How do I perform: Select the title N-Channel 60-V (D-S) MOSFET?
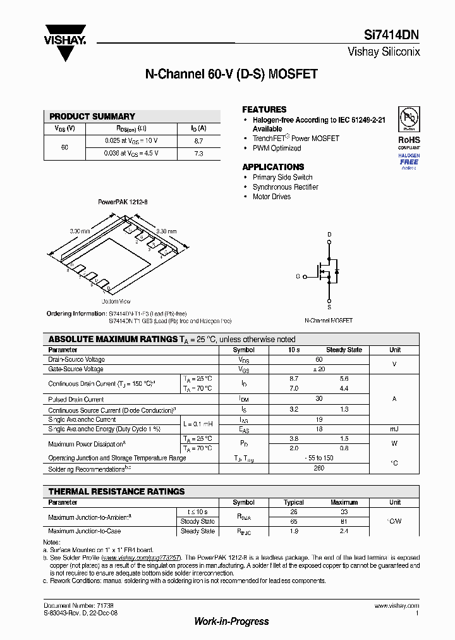click(x=231, y=74)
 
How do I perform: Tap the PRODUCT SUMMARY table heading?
click(x=92, y=116)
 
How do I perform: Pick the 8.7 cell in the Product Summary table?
click(x=198, y=141)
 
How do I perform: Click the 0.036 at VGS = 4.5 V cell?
click(x=131, y=154)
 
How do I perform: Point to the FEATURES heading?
click(x=264, y=109)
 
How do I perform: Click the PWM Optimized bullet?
click(x=277, y=148)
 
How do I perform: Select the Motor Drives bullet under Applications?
click(x=272, y=197)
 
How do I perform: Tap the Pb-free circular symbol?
click(x=409, y=118)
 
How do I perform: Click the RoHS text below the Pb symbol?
click(x=409, y=140)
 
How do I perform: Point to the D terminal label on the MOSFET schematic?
click(x=329, y=235)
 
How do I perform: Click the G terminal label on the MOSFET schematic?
click(x=298, y=276)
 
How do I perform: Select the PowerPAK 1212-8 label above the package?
click(x=123, y=202)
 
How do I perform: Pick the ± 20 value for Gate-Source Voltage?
click(x=319, y=369)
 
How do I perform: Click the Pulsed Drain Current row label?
click(x=76, y=400)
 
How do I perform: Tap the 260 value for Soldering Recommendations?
click(x=319, y=469)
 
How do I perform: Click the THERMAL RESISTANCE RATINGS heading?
click(x=117, y=491)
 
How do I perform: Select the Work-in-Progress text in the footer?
click(x=231, y=621)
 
